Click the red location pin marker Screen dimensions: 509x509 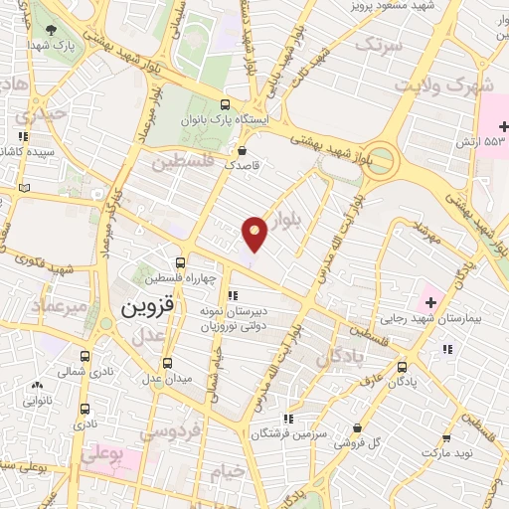[255, 233]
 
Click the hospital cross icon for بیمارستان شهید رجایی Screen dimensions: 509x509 [431, 301]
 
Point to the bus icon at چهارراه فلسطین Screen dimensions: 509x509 [179, 263]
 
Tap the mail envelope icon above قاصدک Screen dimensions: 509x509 [243, 150]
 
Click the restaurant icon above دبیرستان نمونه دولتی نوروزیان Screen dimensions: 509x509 [233, 295]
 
